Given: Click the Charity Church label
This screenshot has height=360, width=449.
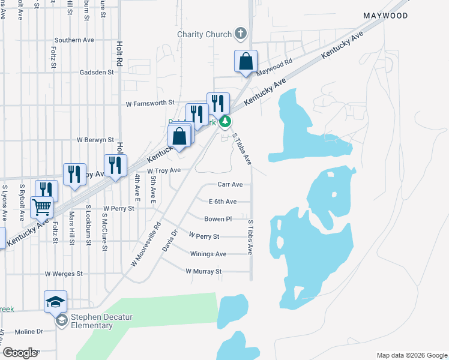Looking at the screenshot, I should point(203,34).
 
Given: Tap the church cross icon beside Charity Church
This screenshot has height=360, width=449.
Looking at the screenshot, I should point(240,33).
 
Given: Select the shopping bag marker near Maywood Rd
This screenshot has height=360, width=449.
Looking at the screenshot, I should point(246,62).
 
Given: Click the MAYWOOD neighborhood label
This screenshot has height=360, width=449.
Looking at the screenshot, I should point(385,16).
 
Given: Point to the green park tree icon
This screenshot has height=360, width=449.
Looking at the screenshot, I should point(225,122).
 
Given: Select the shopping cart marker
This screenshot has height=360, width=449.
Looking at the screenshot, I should point(41,207).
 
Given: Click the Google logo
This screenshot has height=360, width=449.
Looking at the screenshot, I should point(20,353).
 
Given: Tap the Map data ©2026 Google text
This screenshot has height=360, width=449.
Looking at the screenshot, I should point(411,355).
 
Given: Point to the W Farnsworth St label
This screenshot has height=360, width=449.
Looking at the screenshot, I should point(149,103).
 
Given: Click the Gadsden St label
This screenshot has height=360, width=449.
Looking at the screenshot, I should point(97,72).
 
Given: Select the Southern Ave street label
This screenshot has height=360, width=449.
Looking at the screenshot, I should point(74,40).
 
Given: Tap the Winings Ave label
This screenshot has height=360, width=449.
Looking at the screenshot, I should point(208,254).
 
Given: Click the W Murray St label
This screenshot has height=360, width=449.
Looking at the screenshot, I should point(203,271).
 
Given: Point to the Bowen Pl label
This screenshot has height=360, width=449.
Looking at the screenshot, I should point(218,219).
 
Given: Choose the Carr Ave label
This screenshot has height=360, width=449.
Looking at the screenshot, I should point(230,184).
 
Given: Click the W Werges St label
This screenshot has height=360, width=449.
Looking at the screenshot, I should point(64,274).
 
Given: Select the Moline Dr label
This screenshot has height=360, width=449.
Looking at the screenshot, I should point(29,331).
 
